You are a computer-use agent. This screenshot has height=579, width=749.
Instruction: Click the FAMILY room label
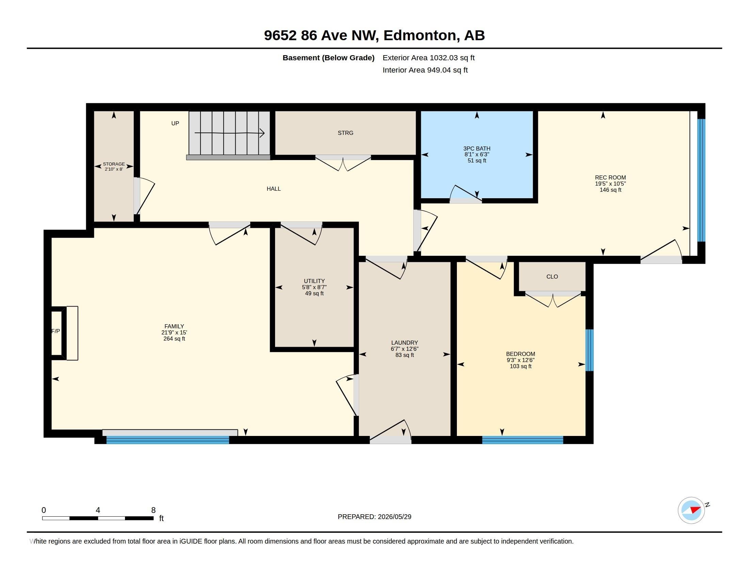click(174, 326)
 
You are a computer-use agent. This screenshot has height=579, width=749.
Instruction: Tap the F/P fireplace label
click(55, 331)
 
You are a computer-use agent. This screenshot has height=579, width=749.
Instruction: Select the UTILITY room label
click(314, 281)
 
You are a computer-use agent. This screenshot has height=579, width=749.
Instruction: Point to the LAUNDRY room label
click(405, 343)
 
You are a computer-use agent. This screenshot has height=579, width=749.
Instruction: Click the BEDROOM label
click(521, 354)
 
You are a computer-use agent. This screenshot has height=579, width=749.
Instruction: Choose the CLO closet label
click(552, 277)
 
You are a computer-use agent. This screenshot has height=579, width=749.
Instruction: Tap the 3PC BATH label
click(477, 148)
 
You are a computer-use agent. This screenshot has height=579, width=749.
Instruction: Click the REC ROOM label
click(610, 177)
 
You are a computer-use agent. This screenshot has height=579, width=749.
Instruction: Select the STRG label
click(345, 133)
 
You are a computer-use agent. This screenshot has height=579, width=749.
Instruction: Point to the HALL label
click(274, 189)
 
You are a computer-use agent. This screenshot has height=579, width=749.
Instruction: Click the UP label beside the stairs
click(175, 124)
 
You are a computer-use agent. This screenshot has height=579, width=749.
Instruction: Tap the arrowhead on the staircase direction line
click(262, 133)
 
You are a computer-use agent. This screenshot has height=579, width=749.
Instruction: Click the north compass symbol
click(691, 511)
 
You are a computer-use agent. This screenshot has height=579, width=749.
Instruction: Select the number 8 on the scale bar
click(153, 510)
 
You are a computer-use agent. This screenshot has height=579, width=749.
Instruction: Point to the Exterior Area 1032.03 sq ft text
click(429, 58)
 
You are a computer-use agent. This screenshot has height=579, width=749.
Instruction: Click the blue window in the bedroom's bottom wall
click(523, 440)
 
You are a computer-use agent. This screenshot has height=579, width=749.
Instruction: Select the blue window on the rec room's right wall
click(701, 181)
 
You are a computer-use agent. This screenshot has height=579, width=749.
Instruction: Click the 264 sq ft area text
click(174, 339)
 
